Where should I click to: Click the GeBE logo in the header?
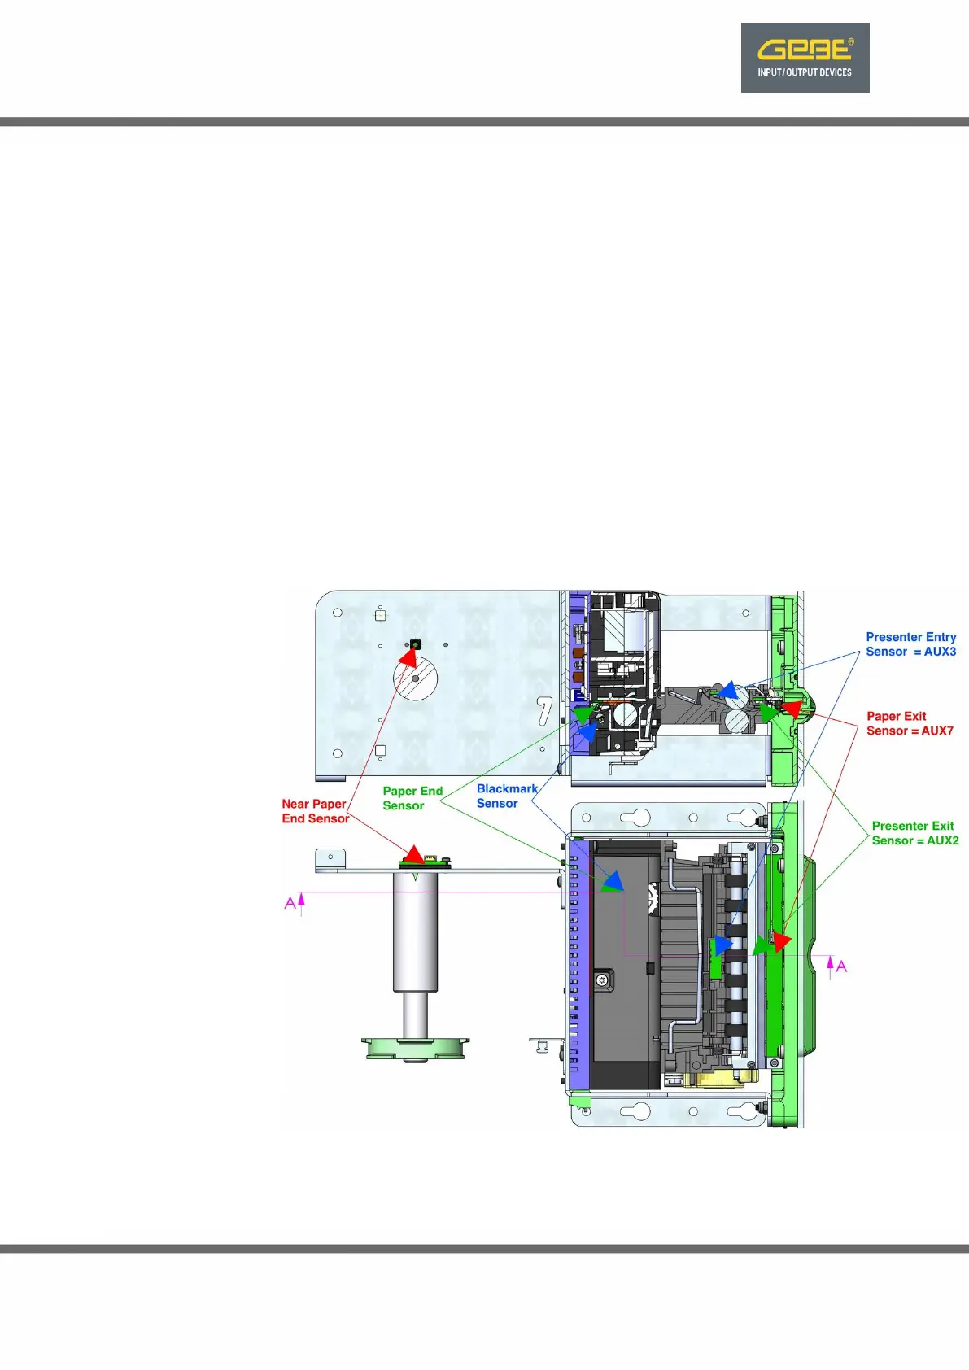[805, 58]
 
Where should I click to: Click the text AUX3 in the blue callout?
[940, 652]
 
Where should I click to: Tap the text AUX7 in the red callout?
[937, 731]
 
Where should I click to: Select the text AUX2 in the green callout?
[943, 840]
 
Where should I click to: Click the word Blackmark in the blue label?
[507, 788]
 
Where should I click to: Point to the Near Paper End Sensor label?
[315, 811]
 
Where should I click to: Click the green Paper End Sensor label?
[412, 798]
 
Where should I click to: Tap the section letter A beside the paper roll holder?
[290, 903]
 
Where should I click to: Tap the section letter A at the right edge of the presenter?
[841, 966]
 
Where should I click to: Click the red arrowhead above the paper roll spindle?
[414, 854]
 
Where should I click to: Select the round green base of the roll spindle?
[416, 1047]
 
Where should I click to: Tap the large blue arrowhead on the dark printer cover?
[613, 879]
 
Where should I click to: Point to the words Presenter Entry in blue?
[910, 637]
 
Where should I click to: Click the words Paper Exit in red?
[896, 716]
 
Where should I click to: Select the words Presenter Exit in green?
[912, 826]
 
